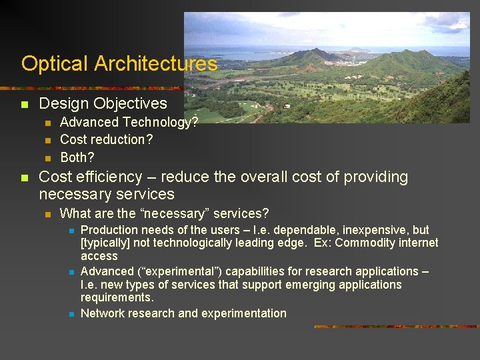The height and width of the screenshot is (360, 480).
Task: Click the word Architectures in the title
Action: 155,64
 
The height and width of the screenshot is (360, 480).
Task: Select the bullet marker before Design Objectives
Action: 25,105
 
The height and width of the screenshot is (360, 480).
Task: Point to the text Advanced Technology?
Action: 129,122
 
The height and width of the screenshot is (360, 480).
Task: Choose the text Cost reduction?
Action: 106,139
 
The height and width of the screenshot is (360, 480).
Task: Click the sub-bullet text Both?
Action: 77,157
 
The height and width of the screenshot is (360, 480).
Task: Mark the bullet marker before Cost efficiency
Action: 25,178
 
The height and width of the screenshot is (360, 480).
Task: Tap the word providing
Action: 375,177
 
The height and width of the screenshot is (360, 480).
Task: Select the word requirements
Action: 117,297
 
